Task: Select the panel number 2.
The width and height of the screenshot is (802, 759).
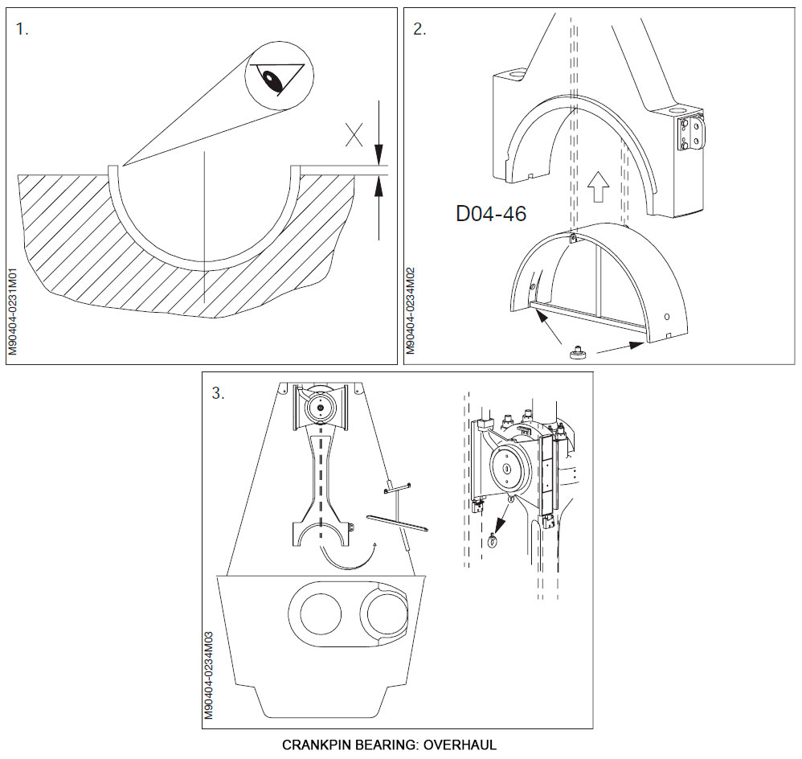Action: click(x=419, y=30)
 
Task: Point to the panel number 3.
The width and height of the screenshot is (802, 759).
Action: click(x=217, y=393)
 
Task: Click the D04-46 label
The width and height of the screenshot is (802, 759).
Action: click(x=490, y=214)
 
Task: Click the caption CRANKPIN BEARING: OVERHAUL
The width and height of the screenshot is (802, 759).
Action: click(x=389, y=745)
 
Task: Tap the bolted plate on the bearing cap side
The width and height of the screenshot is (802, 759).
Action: click(x=691, y=131)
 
